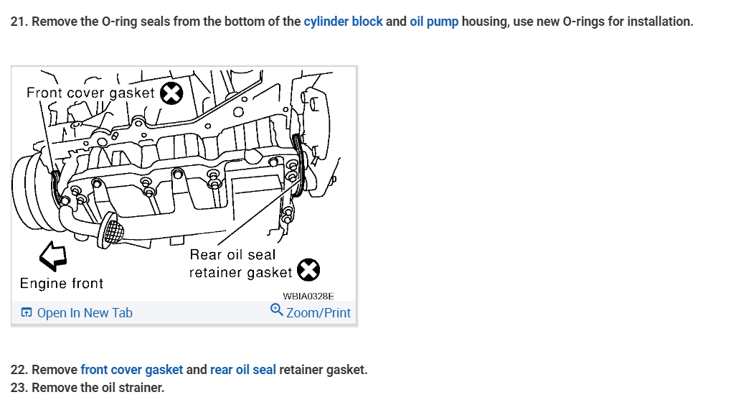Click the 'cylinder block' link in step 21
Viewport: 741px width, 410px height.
pos(343,22)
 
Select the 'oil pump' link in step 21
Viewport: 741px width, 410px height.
pos(434,22)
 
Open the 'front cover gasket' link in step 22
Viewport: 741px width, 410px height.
pos(131,370)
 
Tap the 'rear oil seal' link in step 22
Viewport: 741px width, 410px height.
pos(242,370)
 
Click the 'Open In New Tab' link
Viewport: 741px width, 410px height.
pos(84,313)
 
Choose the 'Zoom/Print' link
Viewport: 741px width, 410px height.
pos(318,313)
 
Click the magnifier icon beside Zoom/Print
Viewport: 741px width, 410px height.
pos(276,311)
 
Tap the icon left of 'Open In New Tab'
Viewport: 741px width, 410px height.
pos(27,313)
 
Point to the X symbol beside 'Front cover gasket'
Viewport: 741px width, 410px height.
pos(171,93)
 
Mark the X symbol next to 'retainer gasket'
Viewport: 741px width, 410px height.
pos(308,270)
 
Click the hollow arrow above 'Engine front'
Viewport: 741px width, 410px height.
pos(52,253)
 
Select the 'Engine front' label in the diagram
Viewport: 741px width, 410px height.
pos(62,284)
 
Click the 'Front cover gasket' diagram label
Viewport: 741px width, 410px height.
pos(90,93)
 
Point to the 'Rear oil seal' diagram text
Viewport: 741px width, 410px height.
pos(232,255)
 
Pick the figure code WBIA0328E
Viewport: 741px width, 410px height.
pos(308,296)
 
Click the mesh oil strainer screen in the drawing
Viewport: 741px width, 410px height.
pos(112,230)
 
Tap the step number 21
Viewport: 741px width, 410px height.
pos(19,22)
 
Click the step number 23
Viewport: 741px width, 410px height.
pos(19,388)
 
